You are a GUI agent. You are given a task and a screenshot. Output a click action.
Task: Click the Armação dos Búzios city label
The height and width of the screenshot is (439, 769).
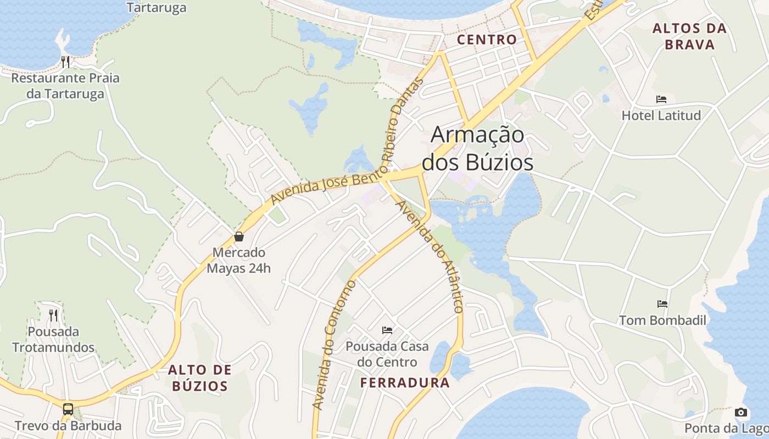[477, 149]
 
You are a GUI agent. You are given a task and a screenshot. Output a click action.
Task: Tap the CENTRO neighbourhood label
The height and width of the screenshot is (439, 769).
[487, 40]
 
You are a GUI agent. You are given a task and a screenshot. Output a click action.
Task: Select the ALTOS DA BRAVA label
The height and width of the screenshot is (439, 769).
[690, 36]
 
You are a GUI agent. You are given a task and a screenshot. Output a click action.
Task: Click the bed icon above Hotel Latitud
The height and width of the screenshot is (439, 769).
[661, 99]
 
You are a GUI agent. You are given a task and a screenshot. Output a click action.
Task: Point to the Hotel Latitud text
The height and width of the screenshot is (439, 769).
[661, 115]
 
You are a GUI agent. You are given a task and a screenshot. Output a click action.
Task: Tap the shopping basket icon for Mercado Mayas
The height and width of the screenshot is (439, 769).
[239, 237]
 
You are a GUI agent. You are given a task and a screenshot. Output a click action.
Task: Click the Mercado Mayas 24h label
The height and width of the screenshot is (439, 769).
[239, 261]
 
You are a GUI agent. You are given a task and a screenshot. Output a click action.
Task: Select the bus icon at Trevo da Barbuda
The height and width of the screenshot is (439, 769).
[68, 409]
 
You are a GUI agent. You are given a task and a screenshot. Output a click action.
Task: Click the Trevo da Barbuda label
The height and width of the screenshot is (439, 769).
[68, 426]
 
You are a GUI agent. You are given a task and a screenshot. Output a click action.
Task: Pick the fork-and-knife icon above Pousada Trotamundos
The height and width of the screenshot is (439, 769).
[53, 315]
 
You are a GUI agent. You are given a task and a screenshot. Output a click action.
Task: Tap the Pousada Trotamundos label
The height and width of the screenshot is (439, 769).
[53, 339]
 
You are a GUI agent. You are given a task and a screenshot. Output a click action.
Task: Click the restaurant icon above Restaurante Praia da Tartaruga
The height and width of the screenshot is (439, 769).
[65, 61]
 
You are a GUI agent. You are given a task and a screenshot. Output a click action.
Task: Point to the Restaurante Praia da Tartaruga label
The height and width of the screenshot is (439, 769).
[65, 86]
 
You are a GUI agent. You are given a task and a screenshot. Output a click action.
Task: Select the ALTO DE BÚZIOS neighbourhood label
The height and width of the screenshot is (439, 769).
[200, 378]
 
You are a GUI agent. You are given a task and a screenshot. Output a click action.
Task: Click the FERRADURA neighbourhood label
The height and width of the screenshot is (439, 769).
[405, 383]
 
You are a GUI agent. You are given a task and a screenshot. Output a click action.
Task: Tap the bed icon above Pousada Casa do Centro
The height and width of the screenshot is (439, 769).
[387, 330]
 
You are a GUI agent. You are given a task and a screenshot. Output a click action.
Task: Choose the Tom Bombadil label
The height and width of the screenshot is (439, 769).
[663, 320]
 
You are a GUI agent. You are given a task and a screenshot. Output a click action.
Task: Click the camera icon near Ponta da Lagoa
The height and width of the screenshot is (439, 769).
[741, 412]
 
